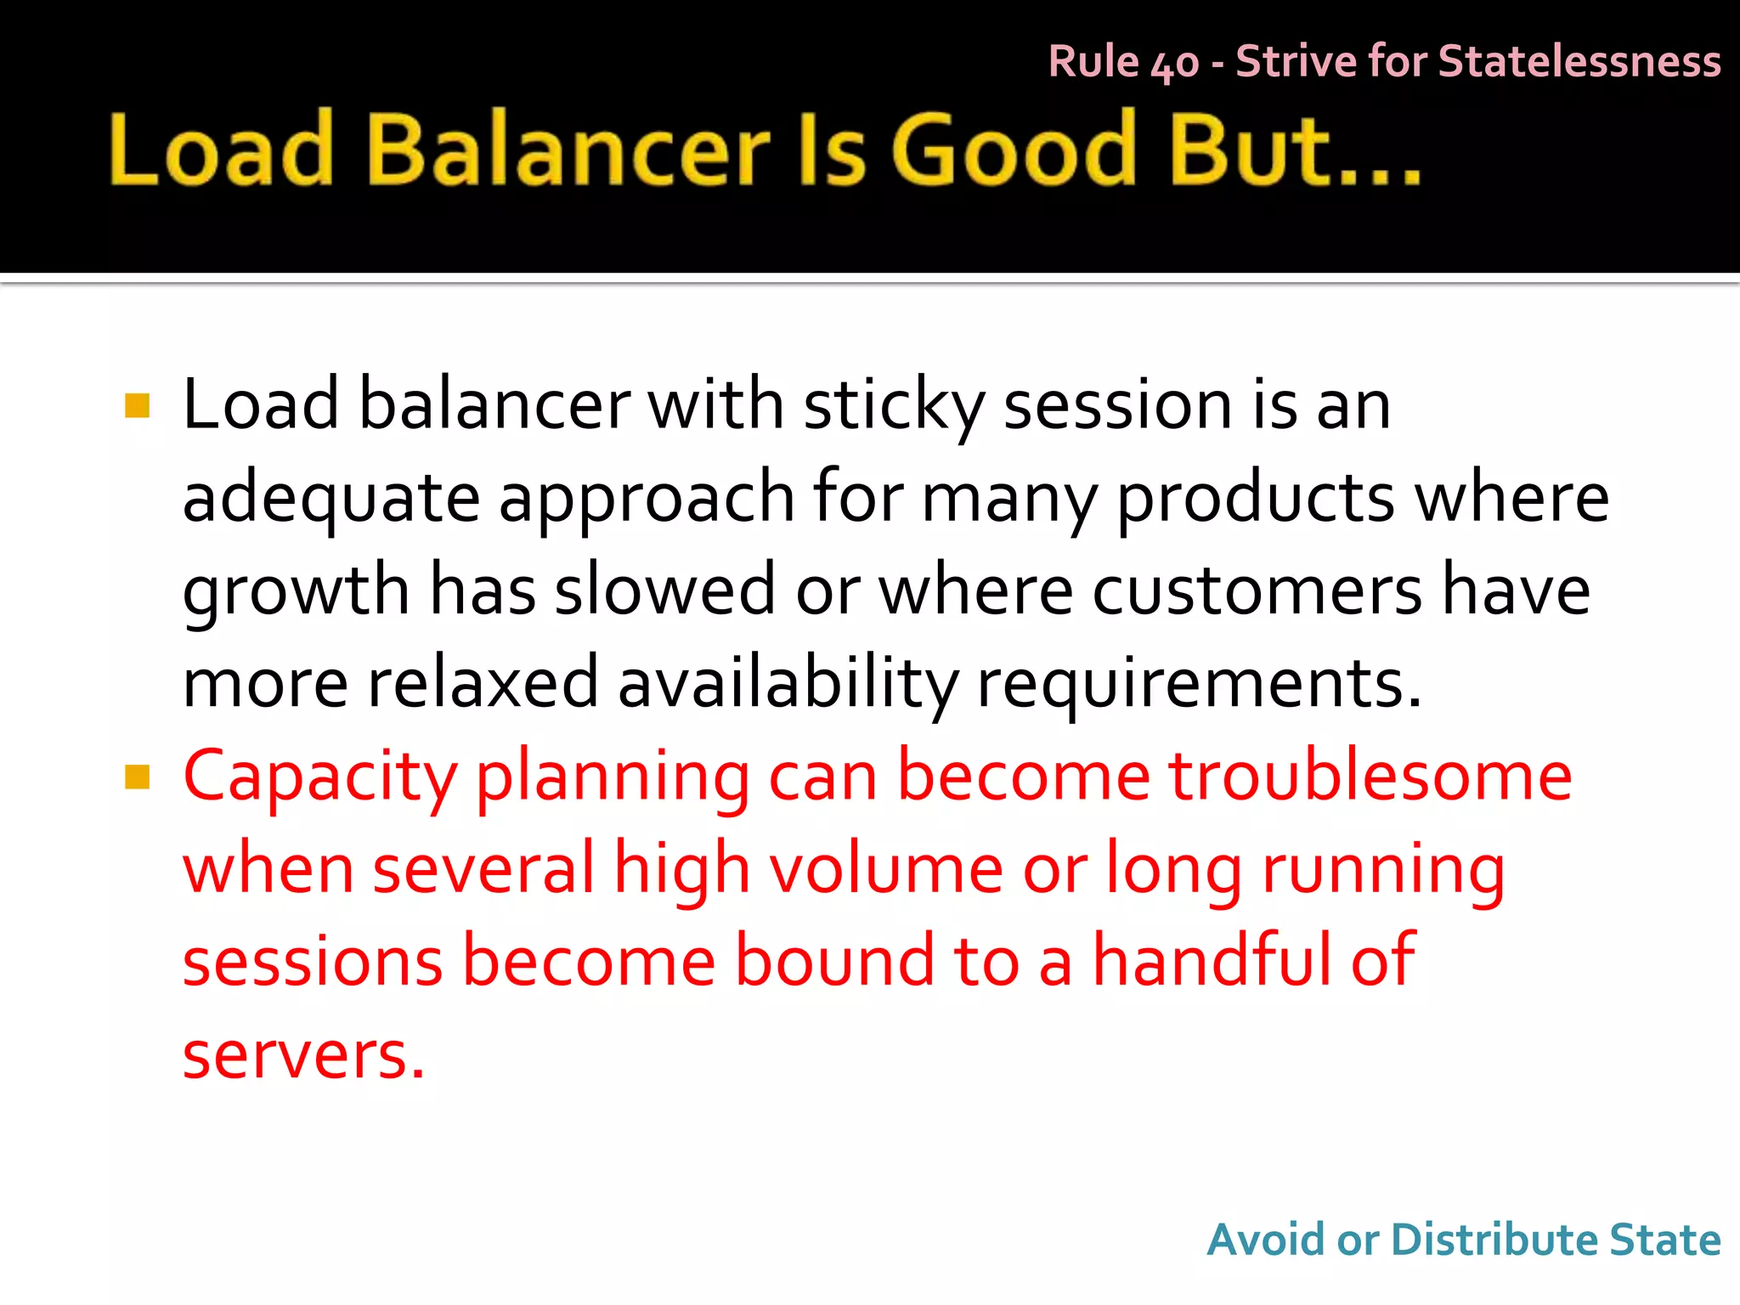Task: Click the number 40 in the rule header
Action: [x=1174, y=64]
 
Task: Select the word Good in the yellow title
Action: [x=1014, y=150]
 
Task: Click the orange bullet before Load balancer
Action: [x=137, y=406]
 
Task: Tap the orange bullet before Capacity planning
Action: [x=137, y=777]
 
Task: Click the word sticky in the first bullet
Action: [x=893, y=406]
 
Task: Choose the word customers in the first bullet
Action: [x=1257, y=590]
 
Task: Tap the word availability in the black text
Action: [x=788, y=684]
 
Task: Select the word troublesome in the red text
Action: [x=1370, y=777]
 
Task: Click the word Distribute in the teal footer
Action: [x=1494, y=1240]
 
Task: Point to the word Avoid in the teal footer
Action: [x=1265, y=1240]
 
